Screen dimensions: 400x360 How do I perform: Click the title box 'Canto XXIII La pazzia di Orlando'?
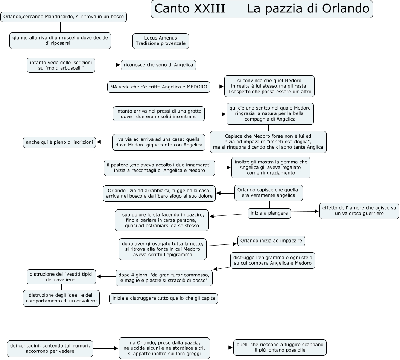[x=262, y=9]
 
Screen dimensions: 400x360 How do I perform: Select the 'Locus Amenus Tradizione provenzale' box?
[x=161, y=41]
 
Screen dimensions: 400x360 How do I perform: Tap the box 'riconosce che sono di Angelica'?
[x=158, y=65]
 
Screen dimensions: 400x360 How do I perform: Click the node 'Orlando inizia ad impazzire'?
[x=271, y=241]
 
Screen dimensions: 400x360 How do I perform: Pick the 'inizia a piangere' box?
[x=269, y=213]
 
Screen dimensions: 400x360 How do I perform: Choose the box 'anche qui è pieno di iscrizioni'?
[x=59, y=142]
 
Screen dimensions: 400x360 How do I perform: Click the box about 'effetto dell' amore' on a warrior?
[x=359, y=211]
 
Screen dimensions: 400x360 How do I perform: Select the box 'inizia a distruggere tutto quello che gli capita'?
[x=164, y=299]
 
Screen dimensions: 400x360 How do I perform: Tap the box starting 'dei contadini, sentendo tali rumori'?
[x=50, y=348]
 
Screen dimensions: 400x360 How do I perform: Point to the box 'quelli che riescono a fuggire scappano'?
[x=280, y=347]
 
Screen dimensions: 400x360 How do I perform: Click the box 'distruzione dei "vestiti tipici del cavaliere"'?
[x=62, y=277]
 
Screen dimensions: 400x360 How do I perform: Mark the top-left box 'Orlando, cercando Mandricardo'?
[x=63, y=17]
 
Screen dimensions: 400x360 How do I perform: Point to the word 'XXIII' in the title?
[x=209, y=9]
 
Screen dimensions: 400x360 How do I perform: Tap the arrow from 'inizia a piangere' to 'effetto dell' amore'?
[x=305, y=212]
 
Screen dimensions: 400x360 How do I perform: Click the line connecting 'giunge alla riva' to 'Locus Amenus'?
[x=122, y=41]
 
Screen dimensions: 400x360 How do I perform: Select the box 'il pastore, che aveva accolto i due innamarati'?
[x=160, y=168]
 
